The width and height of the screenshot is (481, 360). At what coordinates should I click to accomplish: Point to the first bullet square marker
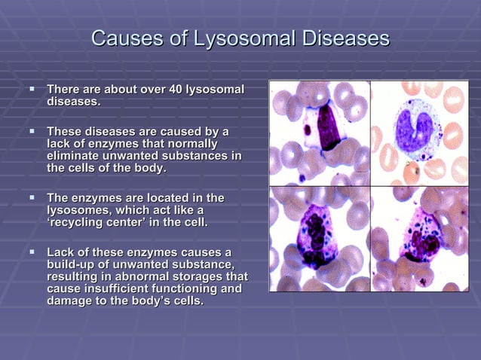coord(32,90)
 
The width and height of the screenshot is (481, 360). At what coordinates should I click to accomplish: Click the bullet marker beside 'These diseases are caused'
coord(32,132)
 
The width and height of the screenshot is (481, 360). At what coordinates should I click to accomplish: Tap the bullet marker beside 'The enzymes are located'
coord(32,197)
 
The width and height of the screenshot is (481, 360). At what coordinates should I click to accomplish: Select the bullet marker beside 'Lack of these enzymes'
coord(32,251)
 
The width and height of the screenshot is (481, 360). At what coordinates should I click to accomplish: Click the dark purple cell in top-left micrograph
coord(328,128)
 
